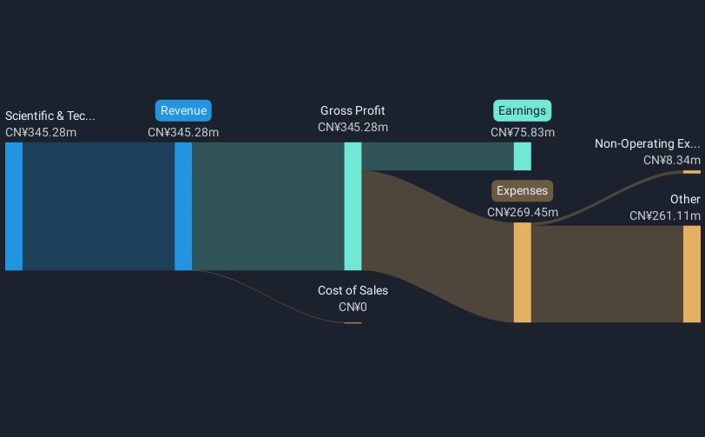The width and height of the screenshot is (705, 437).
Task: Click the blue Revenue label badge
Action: (x=183, y=110)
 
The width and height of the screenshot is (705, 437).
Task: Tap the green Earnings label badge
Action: (x=522, y=110)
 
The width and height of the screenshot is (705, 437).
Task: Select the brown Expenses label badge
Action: (x=522, y=191)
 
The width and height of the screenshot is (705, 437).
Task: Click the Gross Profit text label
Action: (x=352, y=110)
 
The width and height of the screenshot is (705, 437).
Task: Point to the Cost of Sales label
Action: (x=353, y=290)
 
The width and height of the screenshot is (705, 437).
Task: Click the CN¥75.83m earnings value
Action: (x=523, y=132)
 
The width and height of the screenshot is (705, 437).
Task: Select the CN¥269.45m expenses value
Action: (x=523, y=212)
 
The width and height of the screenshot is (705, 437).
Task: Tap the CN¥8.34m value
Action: (x=672, y=160)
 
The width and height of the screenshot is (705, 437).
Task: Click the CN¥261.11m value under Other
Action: (x=665, y=216)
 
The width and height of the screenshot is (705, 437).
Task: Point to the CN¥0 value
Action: (x=353, y=307)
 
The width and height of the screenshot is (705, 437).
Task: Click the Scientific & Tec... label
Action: (x=49, y=116)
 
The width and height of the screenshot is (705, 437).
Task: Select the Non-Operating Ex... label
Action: (x=648, y=143)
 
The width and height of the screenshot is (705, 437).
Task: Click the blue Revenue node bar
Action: (x=183, y=207)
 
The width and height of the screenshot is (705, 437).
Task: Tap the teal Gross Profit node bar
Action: (x=353, y=207)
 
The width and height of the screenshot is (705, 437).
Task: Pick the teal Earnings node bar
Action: (x=523, y=156)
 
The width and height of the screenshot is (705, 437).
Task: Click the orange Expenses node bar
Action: (x=523, y=272)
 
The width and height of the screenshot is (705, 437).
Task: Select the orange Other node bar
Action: (x=692, y=274)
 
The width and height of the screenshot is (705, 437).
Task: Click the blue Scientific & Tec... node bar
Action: (x=14, y=207)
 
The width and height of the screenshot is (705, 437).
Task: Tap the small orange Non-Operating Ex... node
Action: (x=692, y=172)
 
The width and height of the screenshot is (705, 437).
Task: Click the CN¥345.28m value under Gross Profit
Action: (x=353, y=128)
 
